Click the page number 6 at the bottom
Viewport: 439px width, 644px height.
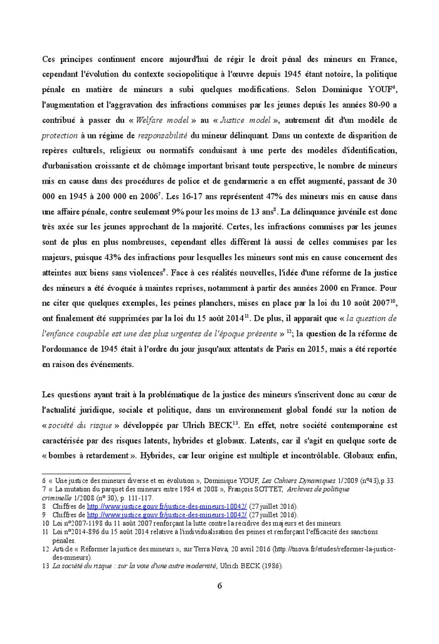pos(219,586)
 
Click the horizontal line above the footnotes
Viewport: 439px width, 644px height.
pos(86,473)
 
